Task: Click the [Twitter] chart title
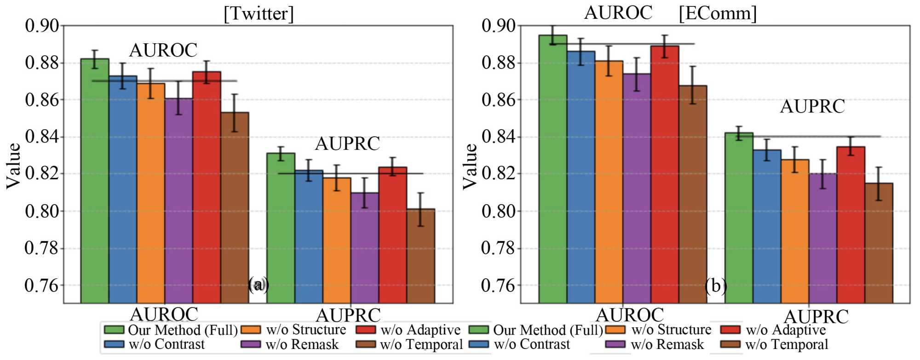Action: pyautogui.click(x=258, y=13)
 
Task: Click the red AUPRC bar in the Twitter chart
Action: pyautogui.click(x=393, y=234)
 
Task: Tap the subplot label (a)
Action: pyautogui.click(x=258, y=285)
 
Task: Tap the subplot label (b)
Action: pyautogui.click(x=715, y=286)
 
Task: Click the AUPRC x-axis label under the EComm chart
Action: pyautogui.click(x=816, y=316)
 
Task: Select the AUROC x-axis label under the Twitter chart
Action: pyautogui.click(x=164, y=314)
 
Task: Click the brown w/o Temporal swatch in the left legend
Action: pyautogui.click(x=366, y=344)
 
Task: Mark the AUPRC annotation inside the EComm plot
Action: pyautogui.click(x=812, y=107)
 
